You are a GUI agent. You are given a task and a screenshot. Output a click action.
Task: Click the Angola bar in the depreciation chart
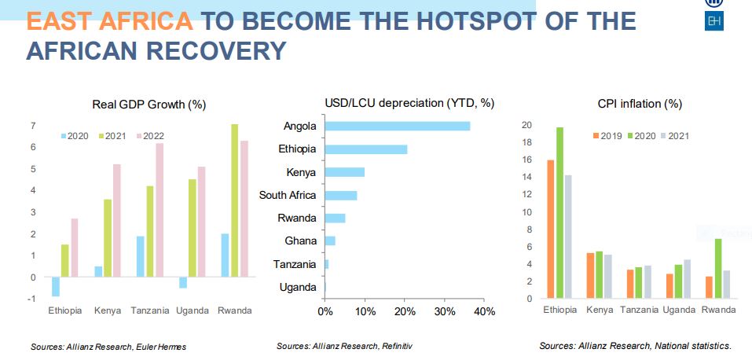[x=397, y=126]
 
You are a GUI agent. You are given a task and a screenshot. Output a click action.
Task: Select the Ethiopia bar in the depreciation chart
[x=365, y=149]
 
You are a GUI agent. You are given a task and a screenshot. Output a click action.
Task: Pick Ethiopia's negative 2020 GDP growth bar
[x=56, y=287]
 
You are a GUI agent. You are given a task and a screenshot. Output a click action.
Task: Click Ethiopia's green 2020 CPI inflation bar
[x=559, y=212]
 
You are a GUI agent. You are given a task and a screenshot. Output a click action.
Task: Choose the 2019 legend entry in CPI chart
[x=606, y=136]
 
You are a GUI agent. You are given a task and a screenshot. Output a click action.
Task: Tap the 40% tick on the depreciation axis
[x=485, y=311]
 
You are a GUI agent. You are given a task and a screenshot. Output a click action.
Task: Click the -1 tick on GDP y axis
[x=31, y=299]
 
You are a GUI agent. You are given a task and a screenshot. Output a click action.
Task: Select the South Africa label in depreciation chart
[x=288, y=195]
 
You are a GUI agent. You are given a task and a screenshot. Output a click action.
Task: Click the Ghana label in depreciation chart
[x=300, y=241]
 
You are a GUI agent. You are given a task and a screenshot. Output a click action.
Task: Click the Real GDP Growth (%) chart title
[x=149, y=105]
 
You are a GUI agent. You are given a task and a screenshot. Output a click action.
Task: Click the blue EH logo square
[x=714, y=21]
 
